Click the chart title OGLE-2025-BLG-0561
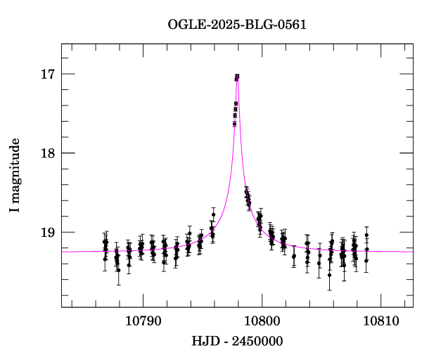click(x=237, y=25)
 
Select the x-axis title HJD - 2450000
click(x=237, y=341)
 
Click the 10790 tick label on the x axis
click(x=143, y=319)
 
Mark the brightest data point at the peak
click(x=238, y=76)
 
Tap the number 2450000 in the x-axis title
click(x=259, y=341)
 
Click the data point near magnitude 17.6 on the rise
click(x=234, y=124)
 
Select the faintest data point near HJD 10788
click(x=118, y=270)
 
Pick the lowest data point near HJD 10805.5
click(x=329, y=275)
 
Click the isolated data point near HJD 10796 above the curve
click(x=213, y=214)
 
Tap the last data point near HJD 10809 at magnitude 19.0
click(x=366, y=235)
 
